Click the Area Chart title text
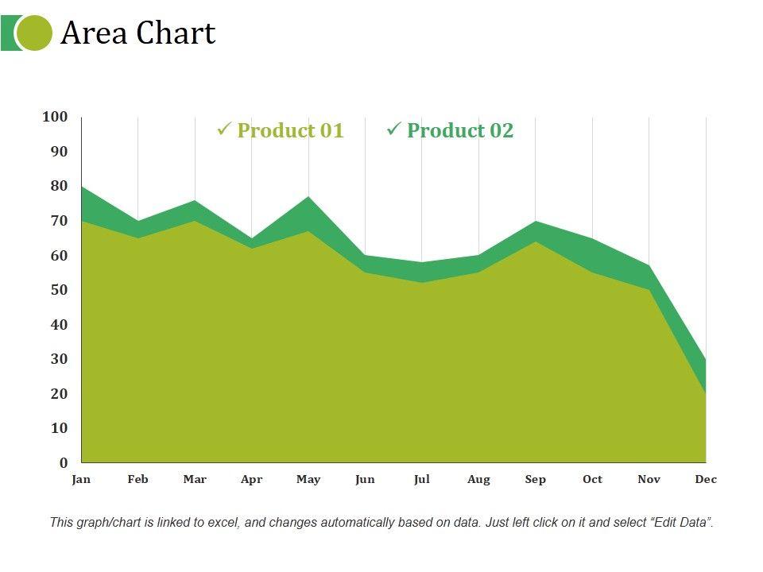[x=138, y=33]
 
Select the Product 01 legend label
[x=290, y=131]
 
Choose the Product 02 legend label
[x=460, y=131]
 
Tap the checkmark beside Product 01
[x=223, y=129]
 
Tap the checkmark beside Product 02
[x=393, y=129]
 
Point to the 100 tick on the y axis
[x=55, y=117]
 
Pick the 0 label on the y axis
[x=64, y=462]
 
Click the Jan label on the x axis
[x=81, y=479]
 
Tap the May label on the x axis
[x=308, y=479]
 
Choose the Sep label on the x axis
[x=536, y=479]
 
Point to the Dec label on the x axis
[x=706, y=479]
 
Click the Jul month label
[x=422, y=479]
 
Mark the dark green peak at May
[x=308, y=198]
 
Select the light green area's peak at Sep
[x=536, y=242]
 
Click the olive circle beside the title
[x=34, y=33]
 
